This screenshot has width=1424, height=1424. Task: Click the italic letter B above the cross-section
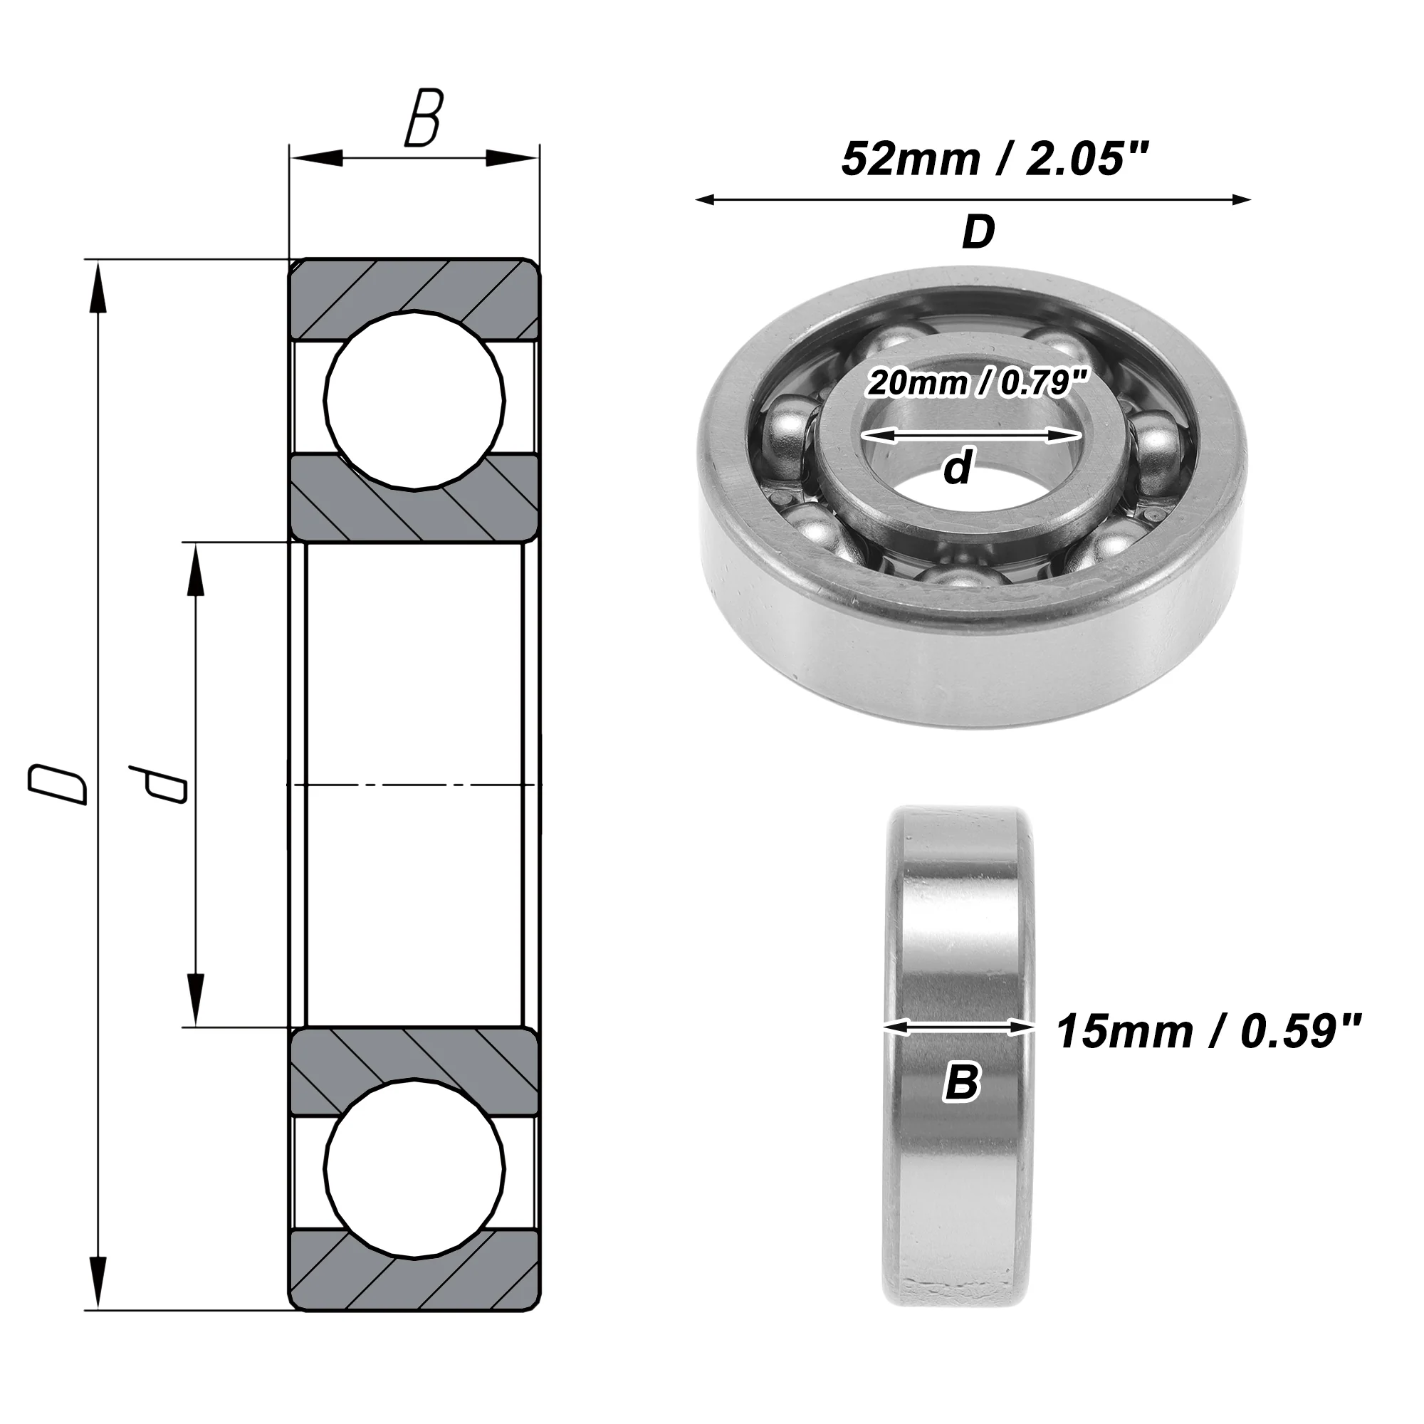(423, 118)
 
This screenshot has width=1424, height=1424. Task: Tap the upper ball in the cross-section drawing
(415, 400)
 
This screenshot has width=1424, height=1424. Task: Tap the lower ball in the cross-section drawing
(415, 1170)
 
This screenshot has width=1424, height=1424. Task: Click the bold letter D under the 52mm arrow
(978, 232)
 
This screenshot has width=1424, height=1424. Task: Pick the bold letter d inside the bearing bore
(958, 467)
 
